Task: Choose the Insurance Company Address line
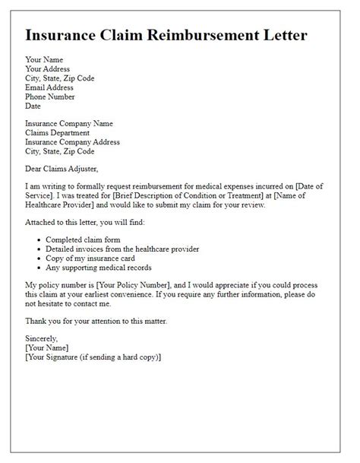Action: tap(72, 141)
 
